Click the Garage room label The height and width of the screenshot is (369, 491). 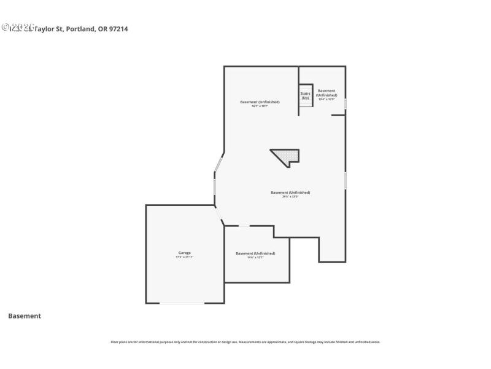[184, 252]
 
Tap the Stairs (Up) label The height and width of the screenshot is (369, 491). [305, 96]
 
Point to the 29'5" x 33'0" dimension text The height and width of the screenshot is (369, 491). [290, 197]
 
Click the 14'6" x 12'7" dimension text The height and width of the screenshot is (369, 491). [255, 258]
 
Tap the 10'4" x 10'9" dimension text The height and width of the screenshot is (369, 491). [327, 100]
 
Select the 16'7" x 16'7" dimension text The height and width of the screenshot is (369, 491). [260, 106]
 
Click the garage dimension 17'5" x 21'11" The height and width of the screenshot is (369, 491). [184, 257]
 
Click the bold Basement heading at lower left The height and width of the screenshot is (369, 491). [25, 316]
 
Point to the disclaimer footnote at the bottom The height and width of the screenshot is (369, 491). [245, 342]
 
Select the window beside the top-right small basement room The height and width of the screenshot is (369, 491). [346, 104]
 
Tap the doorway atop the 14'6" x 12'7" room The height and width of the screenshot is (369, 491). [244, 226]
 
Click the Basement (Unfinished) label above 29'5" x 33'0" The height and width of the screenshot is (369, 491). [290, 192]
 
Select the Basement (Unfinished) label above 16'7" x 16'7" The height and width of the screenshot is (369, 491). [260, 101]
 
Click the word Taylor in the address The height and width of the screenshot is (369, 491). [44, 28]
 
